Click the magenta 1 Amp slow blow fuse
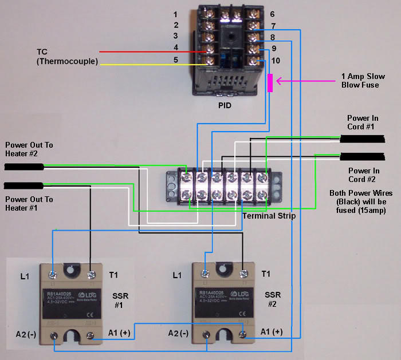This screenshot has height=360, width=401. point(270,82)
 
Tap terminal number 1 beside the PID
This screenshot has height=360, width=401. point(176,14)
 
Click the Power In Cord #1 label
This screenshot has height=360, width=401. point(363,122)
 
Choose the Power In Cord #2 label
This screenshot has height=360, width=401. point(364,175)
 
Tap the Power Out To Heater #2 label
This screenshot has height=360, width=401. point(29,149)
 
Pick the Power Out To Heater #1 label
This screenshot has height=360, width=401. point(29,203)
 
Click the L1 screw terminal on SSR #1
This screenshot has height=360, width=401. point(54,275)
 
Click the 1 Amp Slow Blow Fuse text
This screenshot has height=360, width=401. point(360,81)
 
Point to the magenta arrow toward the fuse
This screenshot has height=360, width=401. point(304,81)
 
